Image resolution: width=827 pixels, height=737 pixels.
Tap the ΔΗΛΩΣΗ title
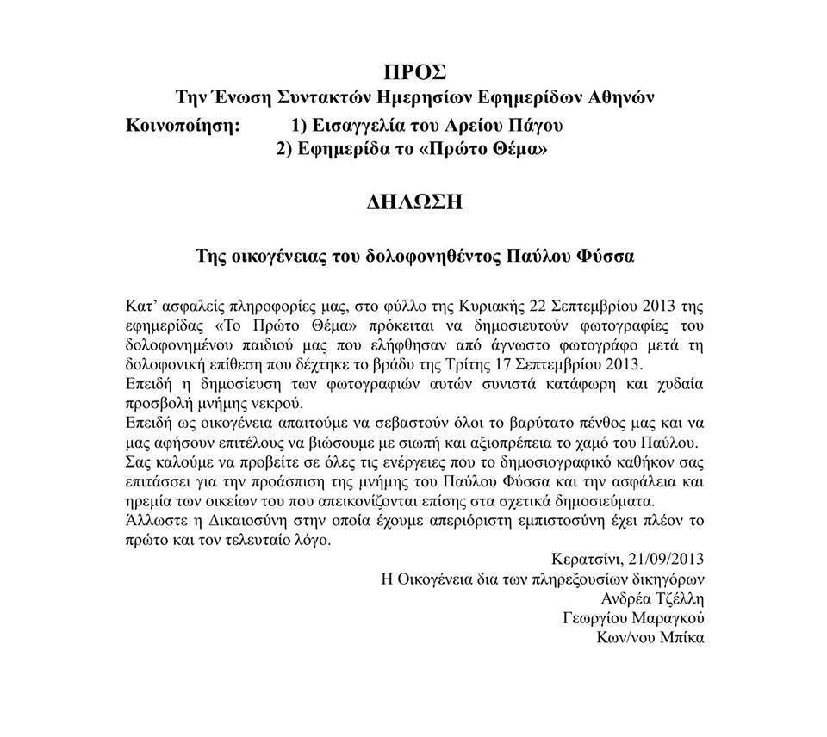pos(413,203)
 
